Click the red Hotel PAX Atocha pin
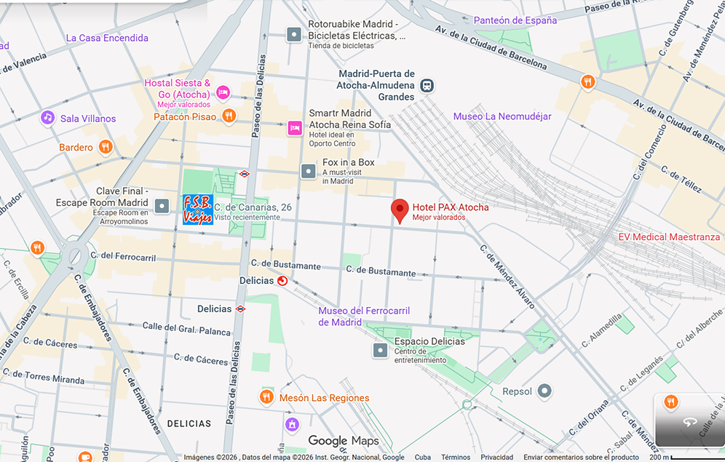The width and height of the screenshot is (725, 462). [x=400, y=210]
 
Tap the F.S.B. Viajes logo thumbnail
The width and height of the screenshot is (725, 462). [x=197, y=210]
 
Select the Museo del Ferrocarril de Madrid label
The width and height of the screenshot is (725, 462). [x=363, y=316]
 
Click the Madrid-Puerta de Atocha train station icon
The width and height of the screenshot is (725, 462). [x=427, y=85]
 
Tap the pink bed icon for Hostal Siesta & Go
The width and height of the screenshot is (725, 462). [x=223, y=92]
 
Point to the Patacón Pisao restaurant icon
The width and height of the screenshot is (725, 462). [x=229, y=116]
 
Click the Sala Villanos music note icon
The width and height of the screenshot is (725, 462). [x=48, y=117]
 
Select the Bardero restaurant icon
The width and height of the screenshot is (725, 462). [x=106, y=147]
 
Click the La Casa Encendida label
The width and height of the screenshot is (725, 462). [x=107, y=38]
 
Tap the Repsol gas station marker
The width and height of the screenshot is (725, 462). [x=545, y=391]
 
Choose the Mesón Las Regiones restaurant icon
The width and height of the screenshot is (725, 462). [x=266, y=397]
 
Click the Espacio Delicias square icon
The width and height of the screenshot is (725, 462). [x=380, y=351]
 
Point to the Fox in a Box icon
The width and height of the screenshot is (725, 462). [x=309, y=171]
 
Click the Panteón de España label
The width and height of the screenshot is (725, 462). [x=515, y=20]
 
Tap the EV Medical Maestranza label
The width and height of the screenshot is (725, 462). [x=669, y=237]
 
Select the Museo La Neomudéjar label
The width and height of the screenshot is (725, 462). [x=502, y=116]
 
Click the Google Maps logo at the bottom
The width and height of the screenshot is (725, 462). [x=344, y=441]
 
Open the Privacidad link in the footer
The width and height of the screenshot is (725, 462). [x=496, y=458]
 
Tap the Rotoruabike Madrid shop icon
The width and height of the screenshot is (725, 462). [x=293, y=34]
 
